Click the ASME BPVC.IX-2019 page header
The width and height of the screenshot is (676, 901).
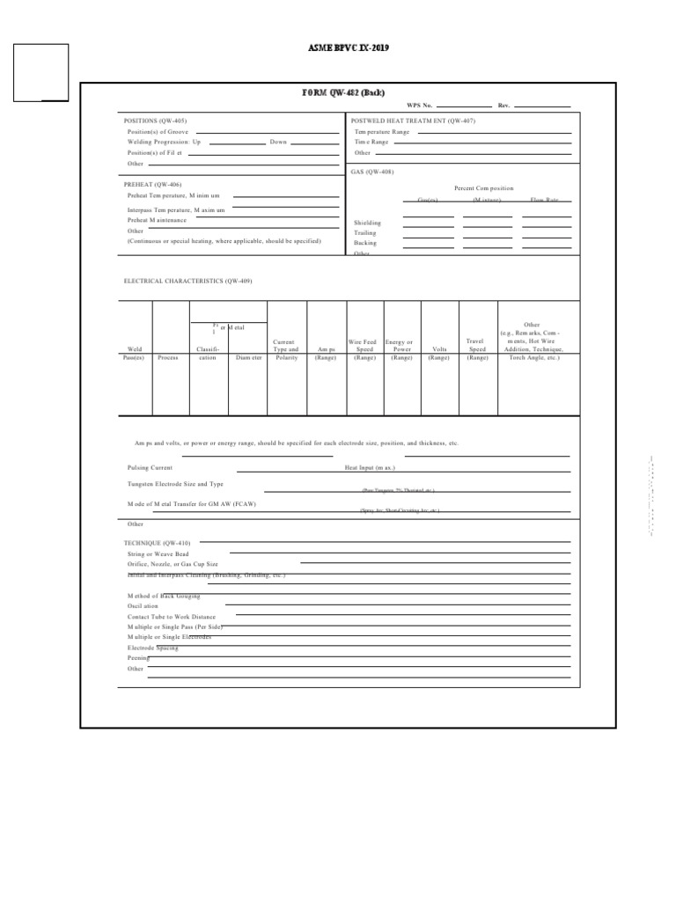coord(349,48)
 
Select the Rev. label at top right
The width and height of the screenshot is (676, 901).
coord(503,106)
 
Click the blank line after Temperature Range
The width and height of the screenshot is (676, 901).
coord(493,132)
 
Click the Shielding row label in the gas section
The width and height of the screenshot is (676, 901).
coord(367,223)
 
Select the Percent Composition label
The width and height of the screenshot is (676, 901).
coord(483,188)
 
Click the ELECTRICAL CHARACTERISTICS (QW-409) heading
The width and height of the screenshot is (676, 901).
coord(187,281)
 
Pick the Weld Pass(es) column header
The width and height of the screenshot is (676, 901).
coord(135,354)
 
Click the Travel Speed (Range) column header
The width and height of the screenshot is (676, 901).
coord(477,349)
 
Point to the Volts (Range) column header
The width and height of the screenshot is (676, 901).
coord(438,354)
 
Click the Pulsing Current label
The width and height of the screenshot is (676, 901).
coord(150,468)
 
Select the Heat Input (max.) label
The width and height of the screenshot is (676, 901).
coord(370,468)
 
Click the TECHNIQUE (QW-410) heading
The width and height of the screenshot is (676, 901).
coord(157,543)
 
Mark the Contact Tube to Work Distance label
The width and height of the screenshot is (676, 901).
coord(171,617)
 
